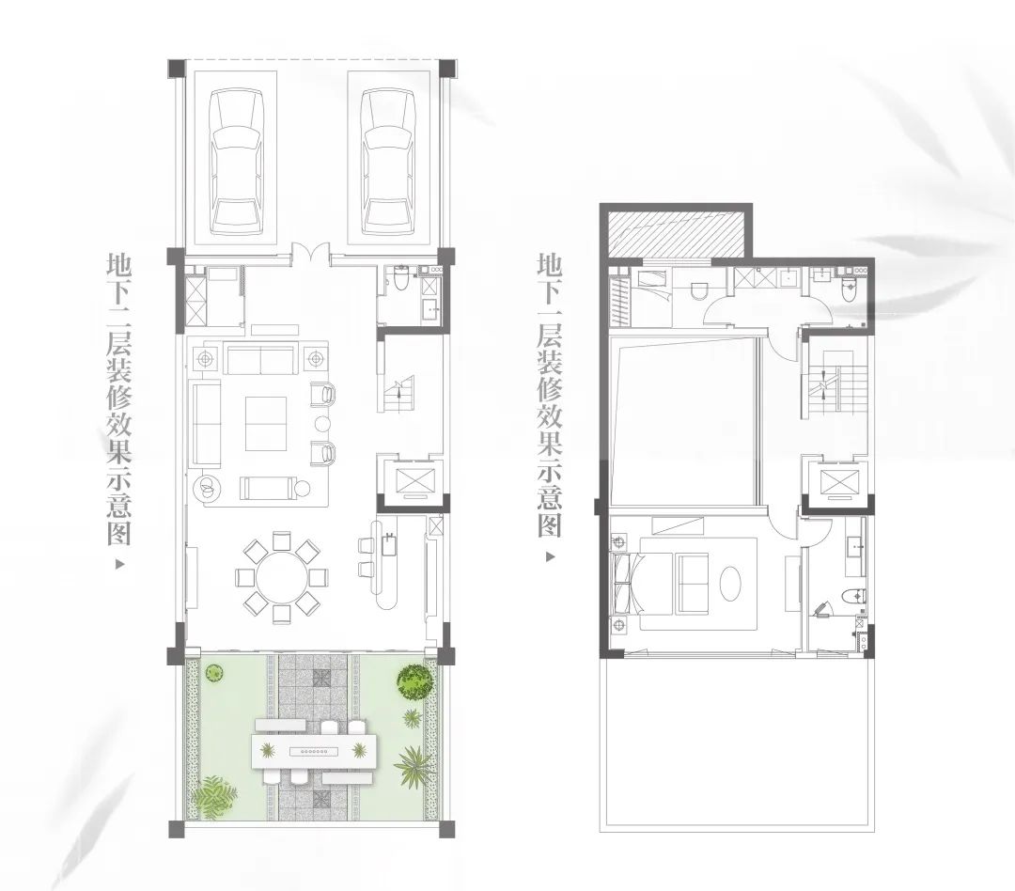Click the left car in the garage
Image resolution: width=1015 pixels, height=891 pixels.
click(x=236, y=163)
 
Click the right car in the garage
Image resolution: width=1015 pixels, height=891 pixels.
click(x=388, y=163)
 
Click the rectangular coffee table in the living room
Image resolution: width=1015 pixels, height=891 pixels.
click(x=266, y=424)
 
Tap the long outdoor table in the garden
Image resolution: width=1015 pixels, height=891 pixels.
click(x=313, y=749)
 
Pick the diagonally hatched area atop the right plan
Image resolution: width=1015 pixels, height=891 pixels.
click(x=677, y=233)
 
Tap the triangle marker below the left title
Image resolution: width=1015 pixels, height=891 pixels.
click(x=119, y=565)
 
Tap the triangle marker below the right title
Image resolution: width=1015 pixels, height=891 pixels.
click(x=551, y=556)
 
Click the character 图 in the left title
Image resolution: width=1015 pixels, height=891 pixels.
click(x=119, y=534)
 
